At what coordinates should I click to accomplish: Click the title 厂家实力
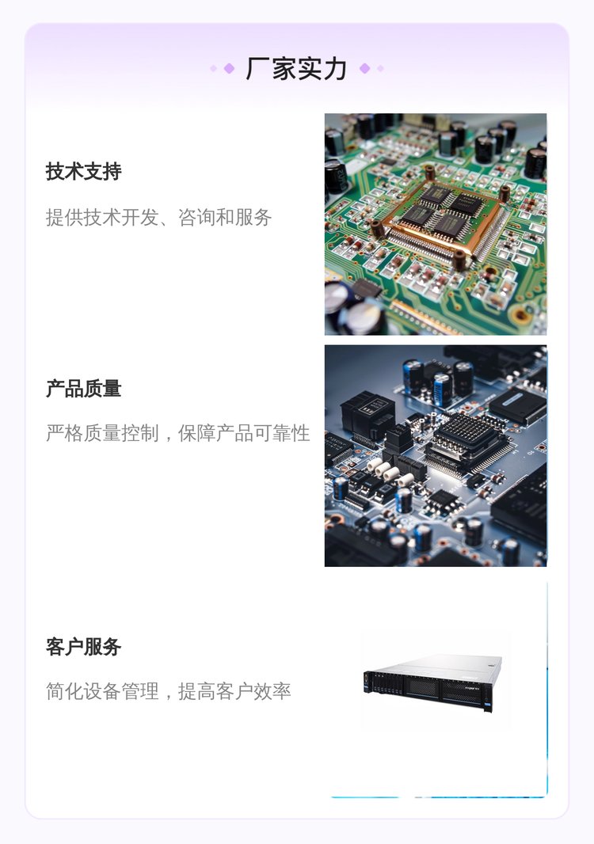click(x=296, y=68)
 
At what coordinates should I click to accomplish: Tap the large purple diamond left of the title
click(x=229, y=68)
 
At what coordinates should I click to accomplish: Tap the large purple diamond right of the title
click(x=364, y=68)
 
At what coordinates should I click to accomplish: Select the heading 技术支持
click(x=83, y=172)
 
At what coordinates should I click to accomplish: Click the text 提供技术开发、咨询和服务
click(x=159, y=218)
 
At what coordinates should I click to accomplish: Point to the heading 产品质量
click(x=83, y=388)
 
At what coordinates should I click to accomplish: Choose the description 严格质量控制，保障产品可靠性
click(x=177, y=433)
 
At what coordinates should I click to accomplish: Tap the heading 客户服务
click(x=83, y=646)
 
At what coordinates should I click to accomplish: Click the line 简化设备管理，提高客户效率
click(x=169, y=691)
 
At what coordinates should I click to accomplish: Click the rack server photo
click(x=433, y=682)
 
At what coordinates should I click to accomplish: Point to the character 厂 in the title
click(x=257, y=68)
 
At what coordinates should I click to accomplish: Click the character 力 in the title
click(x=335, y=68)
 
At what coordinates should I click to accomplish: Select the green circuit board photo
click(x=436, y=224)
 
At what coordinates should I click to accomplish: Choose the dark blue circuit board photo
click(x=436, y=456)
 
